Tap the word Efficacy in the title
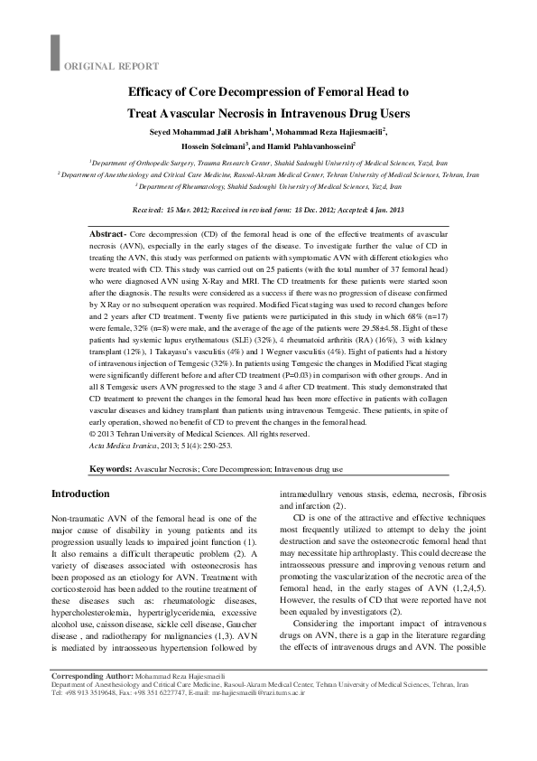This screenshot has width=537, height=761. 157,93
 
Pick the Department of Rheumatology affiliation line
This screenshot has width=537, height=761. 269,184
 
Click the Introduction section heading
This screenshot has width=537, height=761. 80,493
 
